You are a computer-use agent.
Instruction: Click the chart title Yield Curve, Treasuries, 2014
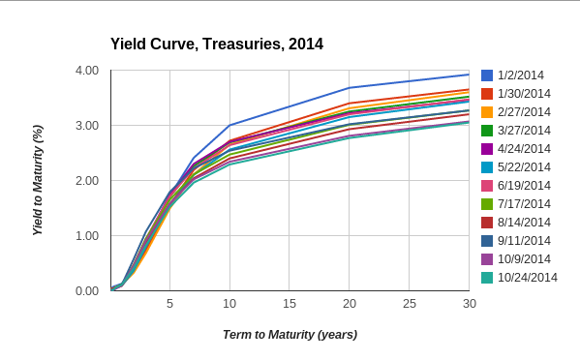217,44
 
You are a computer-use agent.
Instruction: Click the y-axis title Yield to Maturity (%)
38,180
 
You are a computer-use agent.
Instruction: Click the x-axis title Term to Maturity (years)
290,335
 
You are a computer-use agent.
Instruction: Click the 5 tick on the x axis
170,304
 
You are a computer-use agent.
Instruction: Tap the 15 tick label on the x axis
290,304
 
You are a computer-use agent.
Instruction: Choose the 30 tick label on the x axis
469,304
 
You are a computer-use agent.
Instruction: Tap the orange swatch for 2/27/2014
487,112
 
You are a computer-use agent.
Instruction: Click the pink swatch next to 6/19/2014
487,186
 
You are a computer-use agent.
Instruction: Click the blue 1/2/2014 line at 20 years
350,88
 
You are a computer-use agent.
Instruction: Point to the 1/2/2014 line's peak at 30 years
469,75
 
